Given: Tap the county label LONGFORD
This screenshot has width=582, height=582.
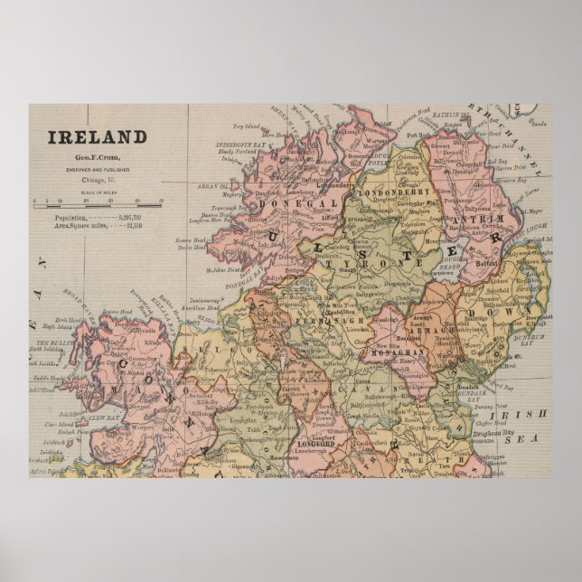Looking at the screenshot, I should tap(315, 444).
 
